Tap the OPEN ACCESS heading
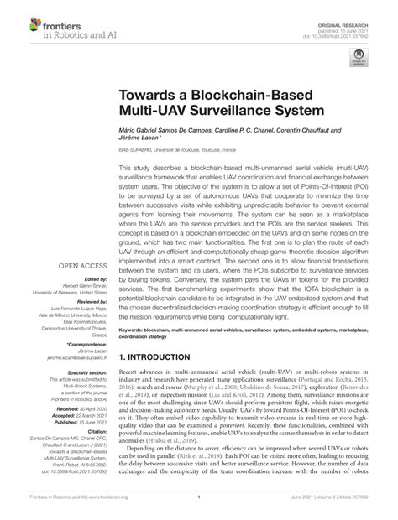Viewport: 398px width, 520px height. click(82, 267)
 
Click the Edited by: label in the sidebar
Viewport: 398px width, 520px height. click(94, 279)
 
